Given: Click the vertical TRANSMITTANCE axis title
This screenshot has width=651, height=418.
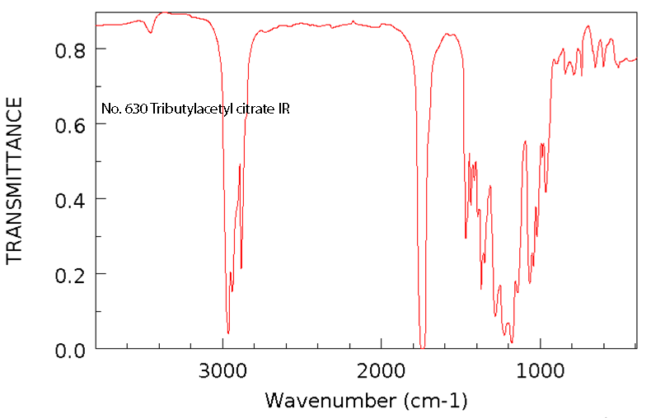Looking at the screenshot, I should [14, 180].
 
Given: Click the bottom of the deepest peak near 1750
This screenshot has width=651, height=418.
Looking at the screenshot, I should [422, 346].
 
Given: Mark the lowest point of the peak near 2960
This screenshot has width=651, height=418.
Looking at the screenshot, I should [228, 332].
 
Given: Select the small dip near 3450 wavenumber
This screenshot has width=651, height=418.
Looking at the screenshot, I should [151, 33].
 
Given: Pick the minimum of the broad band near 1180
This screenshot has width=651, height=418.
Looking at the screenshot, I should [512, 341].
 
